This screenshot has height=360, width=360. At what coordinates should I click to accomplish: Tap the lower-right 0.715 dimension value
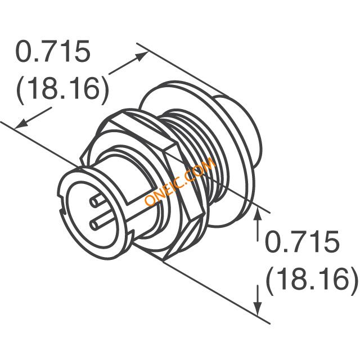click(x=302, y=241)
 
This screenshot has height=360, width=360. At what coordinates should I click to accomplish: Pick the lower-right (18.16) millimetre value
click(x=312, y=279)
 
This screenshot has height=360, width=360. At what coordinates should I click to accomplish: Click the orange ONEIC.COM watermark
click(x=180, y=182)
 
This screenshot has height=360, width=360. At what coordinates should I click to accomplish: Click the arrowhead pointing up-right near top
click(x=141, y=56)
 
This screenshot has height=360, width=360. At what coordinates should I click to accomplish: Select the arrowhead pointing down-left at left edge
click(x=21, y=124)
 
